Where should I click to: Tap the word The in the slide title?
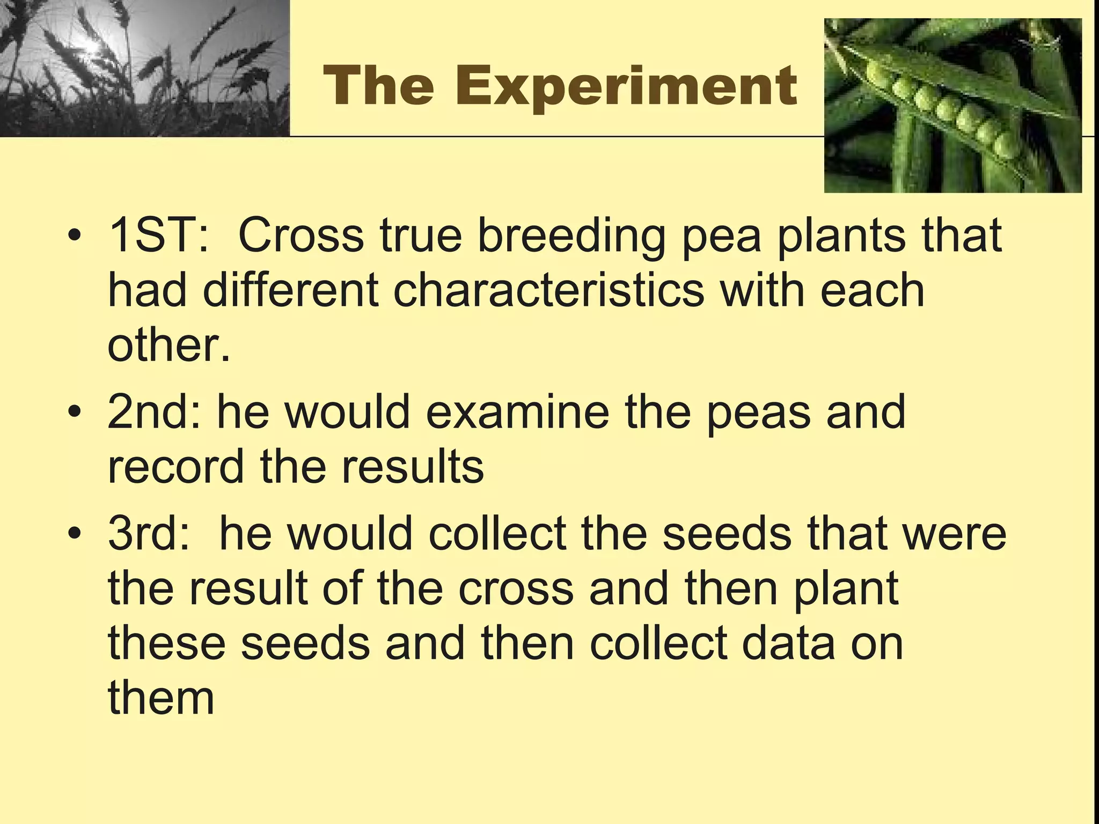click(379, 86)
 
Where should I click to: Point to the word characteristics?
click(548, 290)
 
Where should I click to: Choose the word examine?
click(518, 412)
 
